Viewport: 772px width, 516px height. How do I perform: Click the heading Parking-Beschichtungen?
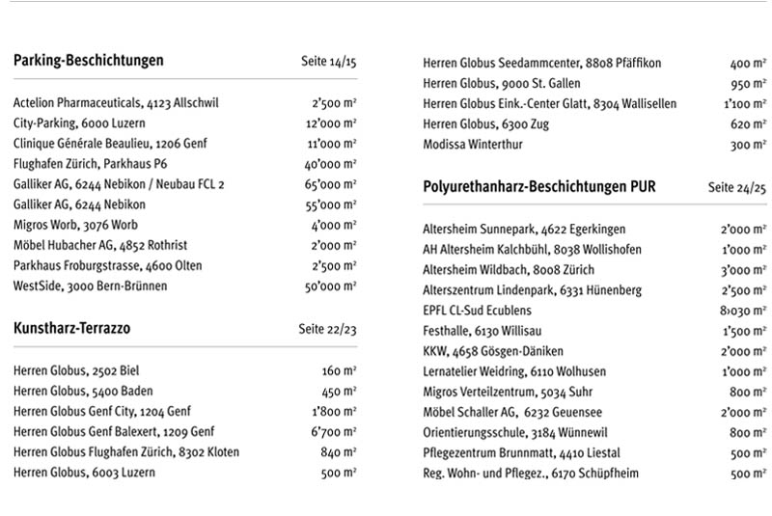(89, 61)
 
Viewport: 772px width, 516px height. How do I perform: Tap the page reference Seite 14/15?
(328, 62)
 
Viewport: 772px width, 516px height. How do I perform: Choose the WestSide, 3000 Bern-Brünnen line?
(90, 285)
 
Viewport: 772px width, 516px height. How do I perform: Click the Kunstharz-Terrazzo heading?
(72, 329)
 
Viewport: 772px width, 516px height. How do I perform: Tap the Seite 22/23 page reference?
(328, 330)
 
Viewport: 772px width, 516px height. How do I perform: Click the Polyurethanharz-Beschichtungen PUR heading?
(539, 187)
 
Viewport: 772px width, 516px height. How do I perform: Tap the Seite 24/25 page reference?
(736, 188)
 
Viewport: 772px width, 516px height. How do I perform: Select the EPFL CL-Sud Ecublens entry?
(477, 311)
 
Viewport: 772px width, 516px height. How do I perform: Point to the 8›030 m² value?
(742, 312)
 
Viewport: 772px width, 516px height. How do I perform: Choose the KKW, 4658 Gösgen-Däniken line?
(493, 351)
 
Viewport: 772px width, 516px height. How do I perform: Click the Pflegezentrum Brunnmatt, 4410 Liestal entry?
(521, 453)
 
